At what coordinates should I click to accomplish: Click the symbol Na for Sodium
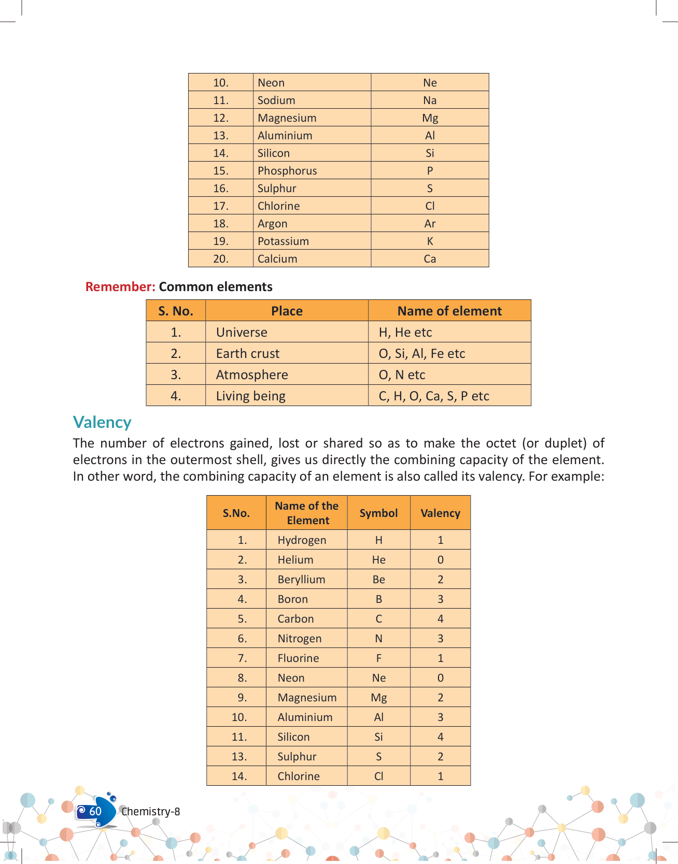click(430, 100)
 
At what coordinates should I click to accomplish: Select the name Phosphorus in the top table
click(287, 171)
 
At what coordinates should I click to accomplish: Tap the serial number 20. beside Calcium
click(221, 259)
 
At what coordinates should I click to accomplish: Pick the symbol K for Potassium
click(430, 241)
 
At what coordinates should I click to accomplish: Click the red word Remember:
click(120, 287)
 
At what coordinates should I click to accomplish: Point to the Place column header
click(287, 311)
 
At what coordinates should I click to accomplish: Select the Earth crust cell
click(248, 354)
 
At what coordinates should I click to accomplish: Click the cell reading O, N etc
click(402, 375)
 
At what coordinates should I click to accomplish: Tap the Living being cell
click(251, 396)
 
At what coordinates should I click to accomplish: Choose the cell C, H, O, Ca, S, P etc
click(434, 396)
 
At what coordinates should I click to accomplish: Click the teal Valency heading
click(102, 423)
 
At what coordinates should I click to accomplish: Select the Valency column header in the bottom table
click(440, 513)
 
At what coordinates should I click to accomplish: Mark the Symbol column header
click(378, 513)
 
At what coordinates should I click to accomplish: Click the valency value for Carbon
click(440, 619)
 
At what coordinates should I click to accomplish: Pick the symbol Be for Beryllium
click(378, 580)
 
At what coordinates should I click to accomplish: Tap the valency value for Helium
click(440, 560)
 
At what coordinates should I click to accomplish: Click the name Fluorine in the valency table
click(298, 658)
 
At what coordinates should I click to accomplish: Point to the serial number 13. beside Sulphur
click(239, 757)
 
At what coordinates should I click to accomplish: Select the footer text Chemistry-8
click(151, 812)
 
